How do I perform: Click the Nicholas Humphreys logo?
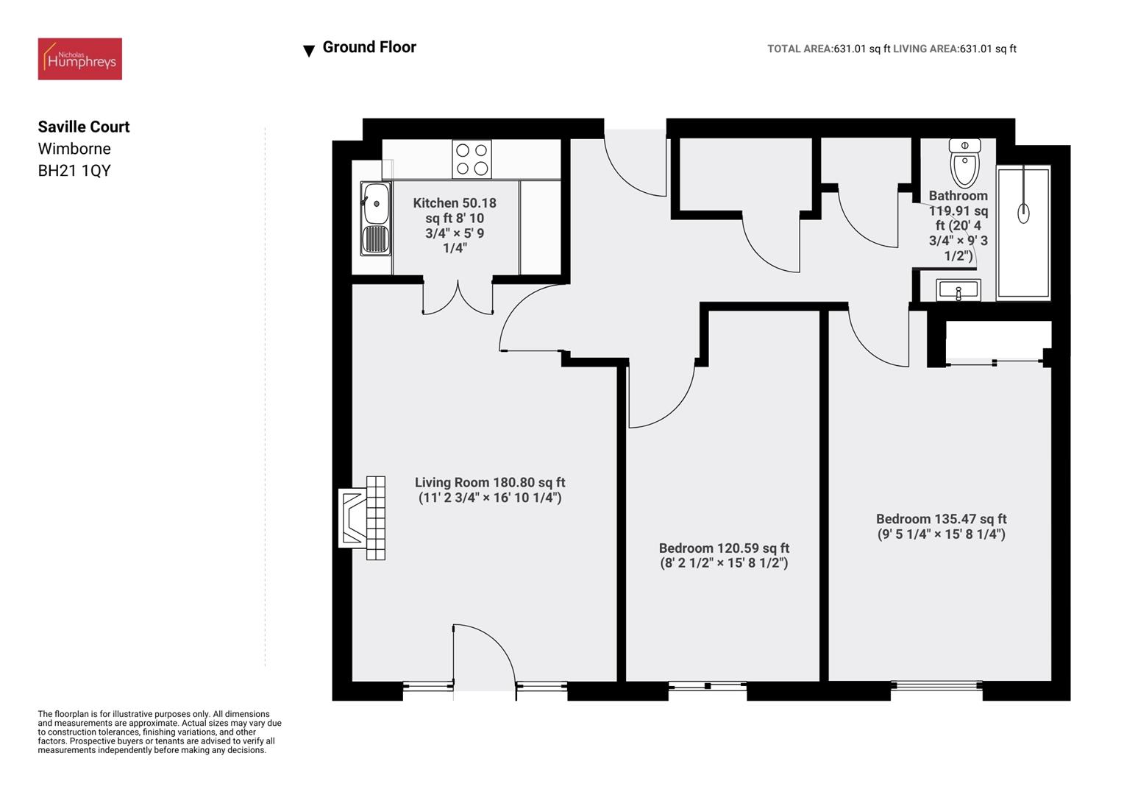click(x=79, y=59)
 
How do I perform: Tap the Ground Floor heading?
click(x=369, y=47)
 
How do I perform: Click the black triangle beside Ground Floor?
click(x=309, y=51)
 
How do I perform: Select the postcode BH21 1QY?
click(x=74, y=171)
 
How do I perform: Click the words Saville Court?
click(x=84, y=127)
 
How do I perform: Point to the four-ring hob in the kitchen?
click(x=472, y=159)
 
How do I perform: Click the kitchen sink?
click(x=376, y=219)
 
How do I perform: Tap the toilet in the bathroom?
click(x=964, y=162)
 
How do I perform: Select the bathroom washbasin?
click(x=958, y=290)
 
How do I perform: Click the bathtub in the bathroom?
click(x=1022, y=233)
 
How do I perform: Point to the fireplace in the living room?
click(x=363, y=517)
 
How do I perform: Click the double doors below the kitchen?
click(x=458, y=298)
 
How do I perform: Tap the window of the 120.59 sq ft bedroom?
click(x=708, y=686)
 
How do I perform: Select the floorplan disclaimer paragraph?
click(x=160, y=732)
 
